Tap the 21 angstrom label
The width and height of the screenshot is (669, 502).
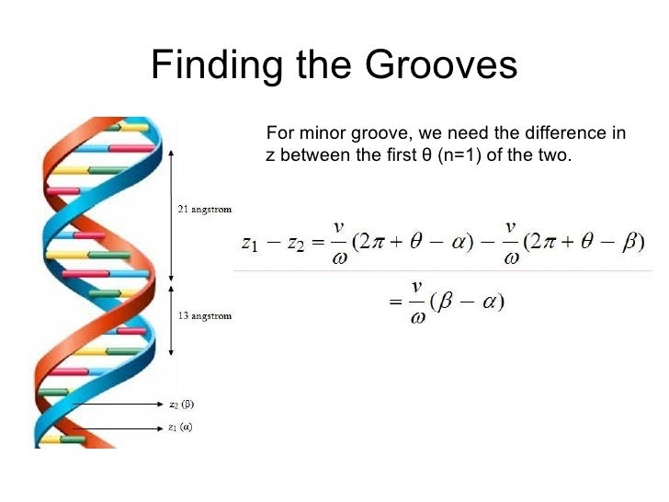(x=204, y=209)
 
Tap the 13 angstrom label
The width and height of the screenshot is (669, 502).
(x=204, y=316)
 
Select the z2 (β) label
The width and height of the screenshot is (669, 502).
(x=181, y=404)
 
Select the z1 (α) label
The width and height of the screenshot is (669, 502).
(x=181, y=427)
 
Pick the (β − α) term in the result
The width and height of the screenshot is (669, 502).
(x=476, y=302)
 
